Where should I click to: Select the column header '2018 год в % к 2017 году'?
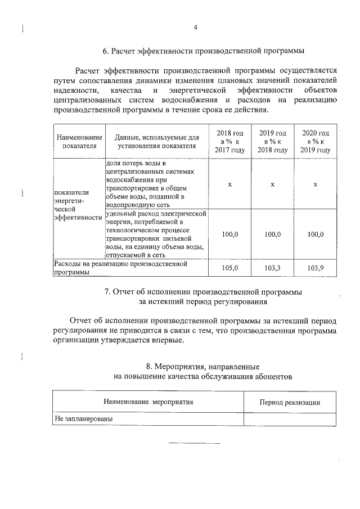[229, 141]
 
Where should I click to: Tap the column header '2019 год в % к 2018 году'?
[273, 141]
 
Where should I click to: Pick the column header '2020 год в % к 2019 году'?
[316, 141]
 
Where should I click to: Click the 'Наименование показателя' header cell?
[79, 141]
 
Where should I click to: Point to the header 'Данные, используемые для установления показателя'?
[157, 141]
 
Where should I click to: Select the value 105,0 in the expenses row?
[229, 268]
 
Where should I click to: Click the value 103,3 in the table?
[273, 268]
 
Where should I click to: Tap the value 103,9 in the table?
[316, 268]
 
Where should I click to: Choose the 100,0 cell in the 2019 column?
[273, 234]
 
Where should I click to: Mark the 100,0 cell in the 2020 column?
[316, 234]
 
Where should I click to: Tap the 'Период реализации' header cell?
[290, 402]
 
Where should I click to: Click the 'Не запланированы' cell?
[84, 420]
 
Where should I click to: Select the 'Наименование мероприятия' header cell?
[148, 402]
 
